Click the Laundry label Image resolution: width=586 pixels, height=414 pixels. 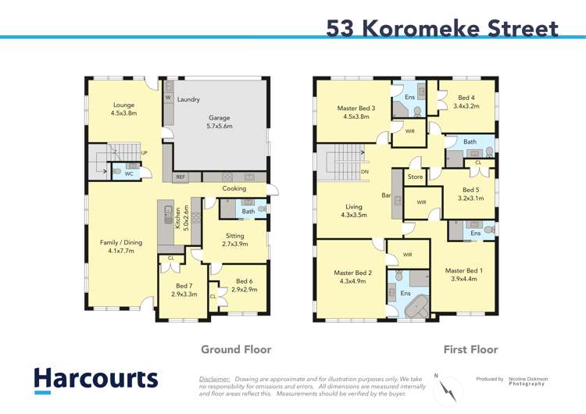click(188, 99)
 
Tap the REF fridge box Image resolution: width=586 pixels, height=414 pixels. click(180, 177)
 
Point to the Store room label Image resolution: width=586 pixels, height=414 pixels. click(415, 177)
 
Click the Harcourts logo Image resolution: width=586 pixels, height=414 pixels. click(95, 380)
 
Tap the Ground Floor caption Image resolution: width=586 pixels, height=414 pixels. click(236, 349)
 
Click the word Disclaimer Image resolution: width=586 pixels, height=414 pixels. click(215, 377)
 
